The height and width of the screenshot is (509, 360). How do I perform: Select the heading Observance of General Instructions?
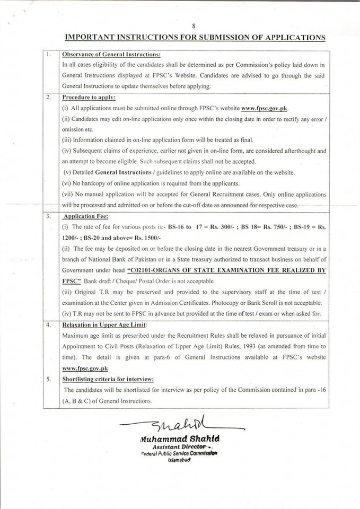[x=111, y=55]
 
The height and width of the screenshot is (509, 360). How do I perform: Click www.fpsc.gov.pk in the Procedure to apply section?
[x=265, y=108]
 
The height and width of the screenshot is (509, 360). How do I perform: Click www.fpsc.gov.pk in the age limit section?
[x=81, y=367]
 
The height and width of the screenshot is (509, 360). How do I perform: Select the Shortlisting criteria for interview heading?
[x=108, y=379]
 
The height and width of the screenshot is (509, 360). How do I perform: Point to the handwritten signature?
[x=180, y=425]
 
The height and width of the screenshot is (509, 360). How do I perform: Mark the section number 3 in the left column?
[x=49, y=216]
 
